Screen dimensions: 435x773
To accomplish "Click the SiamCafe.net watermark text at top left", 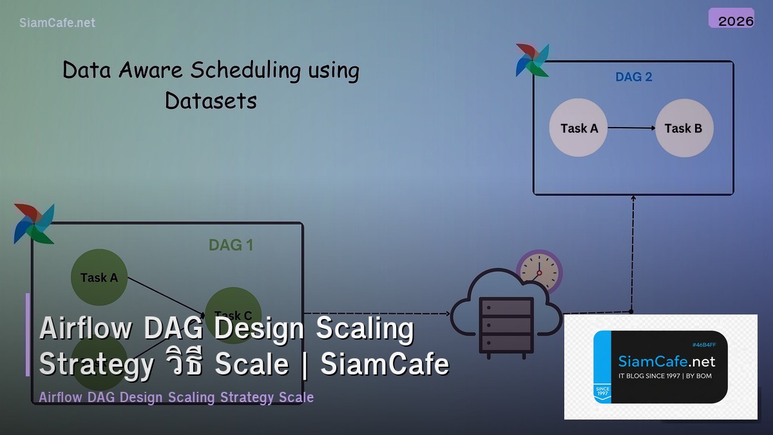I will coord(57,23).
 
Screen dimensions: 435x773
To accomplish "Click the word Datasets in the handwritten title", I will coord(211,101).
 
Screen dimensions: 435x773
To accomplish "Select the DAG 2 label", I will coord(633,77).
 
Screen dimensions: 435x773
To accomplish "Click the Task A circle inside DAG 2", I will coord(578,128).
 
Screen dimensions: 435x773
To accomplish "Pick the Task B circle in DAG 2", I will coord(683,128).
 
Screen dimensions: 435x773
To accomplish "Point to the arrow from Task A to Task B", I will coord(631,128).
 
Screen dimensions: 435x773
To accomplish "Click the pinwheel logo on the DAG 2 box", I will coord(532,60).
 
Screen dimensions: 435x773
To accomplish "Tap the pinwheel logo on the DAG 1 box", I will coord(33,223).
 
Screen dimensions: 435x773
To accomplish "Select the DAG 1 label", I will coord(231,245).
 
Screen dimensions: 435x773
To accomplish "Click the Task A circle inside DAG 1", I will coord(99,277).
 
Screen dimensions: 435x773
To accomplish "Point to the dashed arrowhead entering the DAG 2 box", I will coord(633,200).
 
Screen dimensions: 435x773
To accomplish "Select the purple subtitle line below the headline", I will coord(176,397).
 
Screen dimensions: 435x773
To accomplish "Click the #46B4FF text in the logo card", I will coord(703,345).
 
